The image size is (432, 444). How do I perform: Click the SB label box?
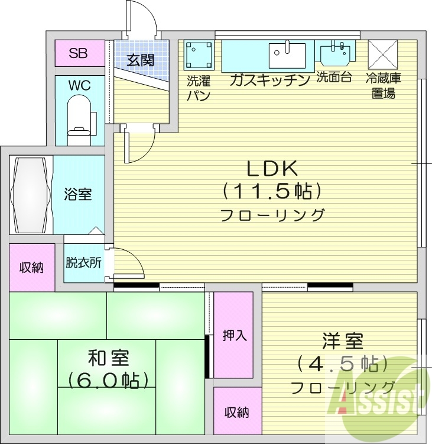tap(79, 53)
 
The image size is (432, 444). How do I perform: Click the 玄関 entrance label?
tap(140, 60)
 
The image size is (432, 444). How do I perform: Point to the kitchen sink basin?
tap(288, 56)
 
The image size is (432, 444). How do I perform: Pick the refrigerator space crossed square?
tap(383, 55)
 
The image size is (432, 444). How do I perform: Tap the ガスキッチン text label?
tap(269, 79)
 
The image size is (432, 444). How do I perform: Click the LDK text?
tap(271, 169)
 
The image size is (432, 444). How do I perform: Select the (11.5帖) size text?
tap(272, 191)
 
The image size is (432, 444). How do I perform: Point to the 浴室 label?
tap(78, 194)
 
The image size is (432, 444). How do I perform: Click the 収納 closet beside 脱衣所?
tap(32, 267)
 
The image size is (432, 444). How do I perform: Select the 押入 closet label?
tap(235, 336)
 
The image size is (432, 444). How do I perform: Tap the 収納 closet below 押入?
tap(236, 412)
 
